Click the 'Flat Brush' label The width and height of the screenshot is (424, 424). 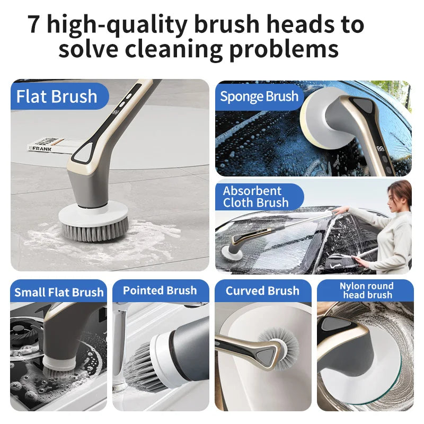click(x=57, y=96)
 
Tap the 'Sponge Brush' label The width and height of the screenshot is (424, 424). click(x=259, y=96)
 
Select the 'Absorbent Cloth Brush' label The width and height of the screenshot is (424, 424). click(x=255, y=197)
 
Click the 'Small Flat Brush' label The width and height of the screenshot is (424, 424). click(x=59, y=292)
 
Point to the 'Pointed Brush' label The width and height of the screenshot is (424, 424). click(x=160, y=290)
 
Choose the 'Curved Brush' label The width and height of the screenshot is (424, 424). click(x=262, y=290)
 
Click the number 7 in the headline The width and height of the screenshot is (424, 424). click(x=34, y=25)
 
